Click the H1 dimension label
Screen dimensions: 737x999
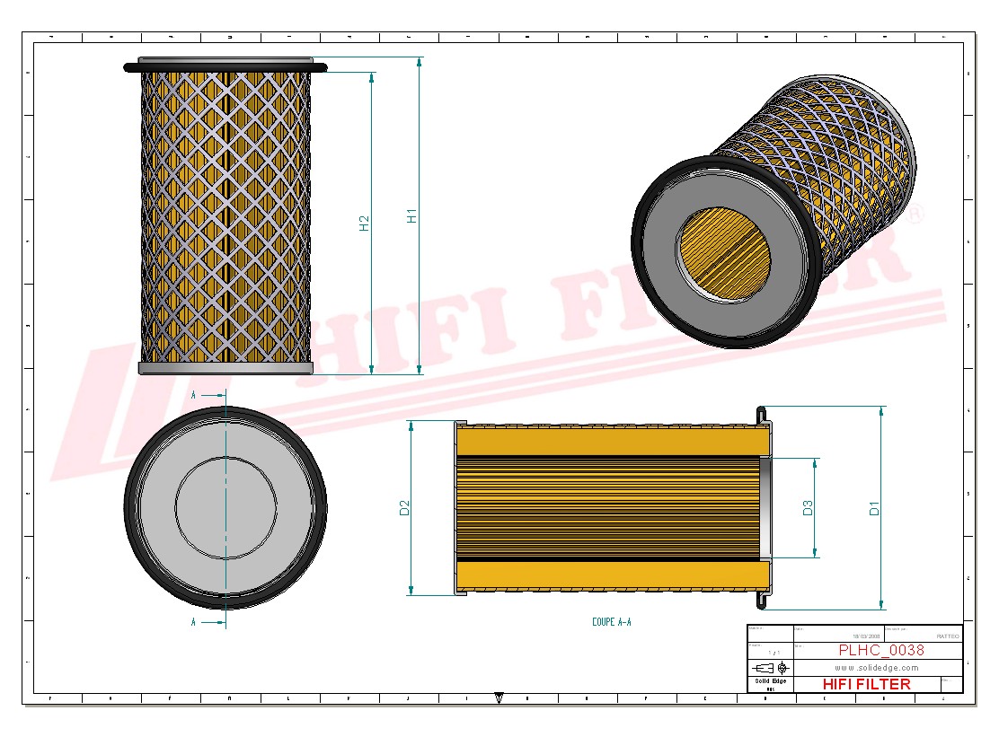coord(411,215)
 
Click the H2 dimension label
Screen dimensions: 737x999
coord(364,223)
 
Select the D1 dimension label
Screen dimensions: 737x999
coord(874,508)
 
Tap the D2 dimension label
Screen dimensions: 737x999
coord(403,508)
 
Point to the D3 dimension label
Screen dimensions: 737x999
coord(808,508)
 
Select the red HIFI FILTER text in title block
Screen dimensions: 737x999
coord(866,684)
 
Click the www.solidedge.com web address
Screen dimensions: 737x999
coord(876,668)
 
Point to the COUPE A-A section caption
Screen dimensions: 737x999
coord(611,621)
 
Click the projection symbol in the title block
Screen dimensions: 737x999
coord(770,668)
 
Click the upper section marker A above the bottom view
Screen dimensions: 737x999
coord(194,394)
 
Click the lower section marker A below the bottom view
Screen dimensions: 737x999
coord(194,621)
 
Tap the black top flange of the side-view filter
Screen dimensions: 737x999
coord(225,66)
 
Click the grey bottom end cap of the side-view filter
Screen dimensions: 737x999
coord(225,368)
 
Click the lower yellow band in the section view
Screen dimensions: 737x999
coord(611,574)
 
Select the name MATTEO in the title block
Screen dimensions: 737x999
coord(947,636)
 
